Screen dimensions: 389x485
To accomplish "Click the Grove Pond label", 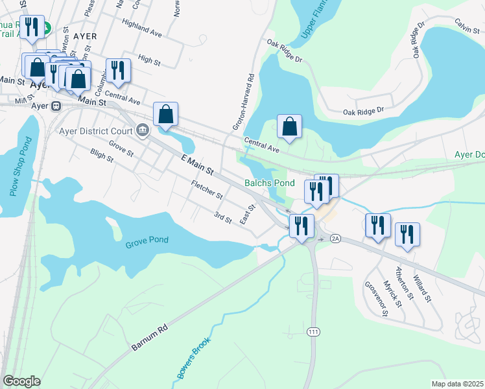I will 147,240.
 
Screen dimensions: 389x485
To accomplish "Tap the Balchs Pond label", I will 270,183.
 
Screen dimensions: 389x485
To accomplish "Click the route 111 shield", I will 314,332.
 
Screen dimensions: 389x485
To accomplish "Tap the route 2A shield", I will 335,239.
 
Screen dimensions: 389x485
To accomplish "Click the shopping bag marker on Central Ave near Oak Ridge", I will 290,126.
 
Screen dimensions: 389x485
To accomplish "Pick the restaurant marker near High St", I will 117,70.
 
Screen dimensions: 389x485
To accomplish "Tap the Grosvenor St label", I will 376,298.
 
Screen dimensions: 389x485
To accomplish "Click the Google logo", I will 21,381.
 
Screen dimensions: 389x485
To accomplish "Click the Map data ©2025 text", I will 457,384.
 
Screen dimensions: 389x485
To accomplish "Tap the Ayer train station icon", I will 56,106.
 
